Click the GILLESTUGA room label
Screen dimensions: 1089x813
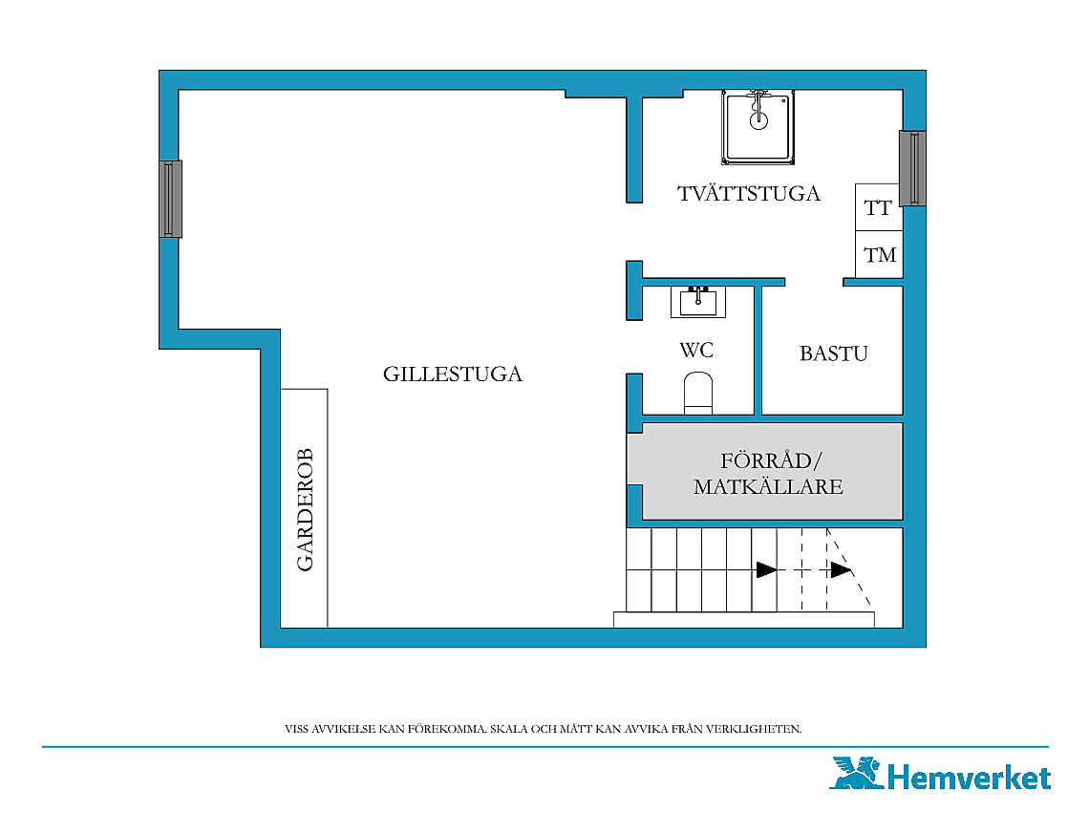[x=452, y=374]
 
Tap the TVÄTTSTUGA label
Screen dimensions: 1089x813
[x=749, y=192]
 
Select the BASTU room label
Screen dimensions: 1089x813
[x=833, y=353]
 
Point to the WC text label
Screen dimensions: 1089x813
[x=696, y=350]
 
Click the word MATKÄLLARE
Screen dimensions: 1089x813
[x=768, y=486]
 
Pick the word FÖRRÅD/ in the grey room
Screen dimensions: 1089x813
[x=771, y=460]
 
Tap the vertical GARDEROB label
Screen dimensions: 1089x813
[x=305, y=509]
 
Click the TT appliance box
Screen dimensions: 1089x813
[x=879, y=207]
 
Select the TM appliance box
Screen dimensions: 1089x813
[x=879, y=254]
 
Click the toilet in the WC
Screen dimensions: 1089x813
[x=698, y=394]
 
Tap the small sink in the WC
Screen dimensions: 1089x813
[x=698, y=302]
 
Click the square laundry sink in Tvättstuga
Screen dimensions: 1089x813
[x=758, y=127]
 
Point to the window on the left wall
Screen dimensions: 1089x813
[x=171, y=200]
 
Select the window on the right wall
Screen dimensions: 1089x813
[x=912, y=168]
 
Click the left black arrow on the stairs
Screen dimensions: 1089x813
[x=767, y=570]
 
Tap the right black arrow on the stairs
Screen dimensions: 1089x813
[x=841, y=570]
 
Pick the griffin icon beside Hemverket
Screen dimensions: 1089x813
[x=856, y=774]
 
